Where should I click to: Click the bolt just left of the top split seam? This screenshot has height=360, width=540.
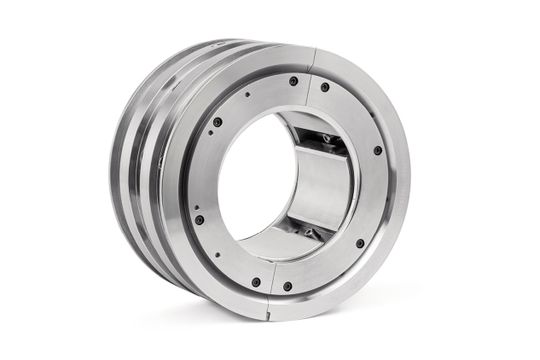point(293,81)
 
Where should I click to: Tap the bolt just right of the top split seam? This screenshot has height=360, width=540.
point(326,87)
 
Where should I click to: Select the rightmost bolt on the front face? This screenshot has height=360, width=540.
point(377,150)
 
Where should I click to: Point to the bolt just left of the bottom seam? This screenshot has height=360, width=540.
point(255,282)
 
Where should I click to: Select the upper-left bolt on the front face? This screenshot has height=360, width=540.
point(217,122)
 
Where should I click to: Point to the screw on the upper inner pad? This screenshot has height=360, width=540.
point(326,138)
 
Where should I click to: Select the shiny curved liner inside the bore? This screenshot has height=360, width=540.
point(318,185)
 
